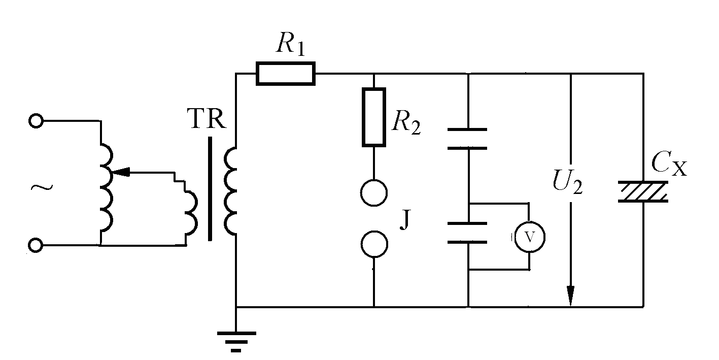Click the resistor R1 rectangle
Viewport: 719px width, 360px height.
point(286,73)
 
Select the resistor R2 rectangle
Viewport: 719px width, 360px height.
point(374,117)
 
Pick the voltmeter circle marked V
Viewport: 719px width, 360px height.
point(529,237)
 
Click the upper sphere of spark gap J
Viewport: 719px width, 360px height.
point(374,192)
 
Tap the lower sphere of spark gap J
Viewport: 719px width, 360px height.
point(374,244)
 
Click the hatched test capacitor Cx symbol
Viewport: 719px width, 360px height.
point(643,192)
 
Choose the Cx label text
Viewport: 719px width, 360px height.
point(669,166)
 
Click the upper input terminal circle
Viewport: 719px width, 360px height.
point(36,121)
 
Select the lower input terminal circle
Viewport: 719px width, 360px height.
point(36,246)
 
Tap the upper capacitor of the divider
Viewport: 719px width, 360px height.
point(467,139)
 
